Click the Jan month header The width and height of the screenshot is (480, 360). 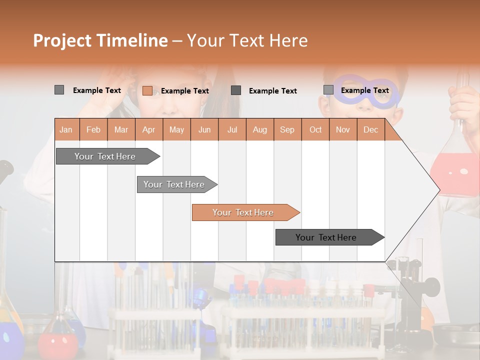[66, 130]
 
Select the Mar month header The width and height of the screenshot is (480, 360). [121, 130]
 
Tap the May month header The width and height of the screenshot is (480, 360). [176, 130]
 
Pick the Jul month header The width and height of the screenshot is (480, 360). [232, 130]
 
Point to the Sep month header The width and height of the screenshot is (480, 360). [287, 130]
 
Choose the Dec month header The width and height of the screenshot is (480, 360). [370, 130]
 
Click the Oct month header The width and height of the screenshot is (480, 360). [315, 130]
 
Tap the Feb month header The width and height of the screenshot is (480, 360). [93, 130]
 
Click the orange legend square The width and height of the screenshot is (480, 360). [147, 90]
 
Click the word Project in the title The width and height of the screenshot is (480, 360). [62, 40]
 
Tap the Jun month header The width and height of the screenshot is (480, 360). [204, 130]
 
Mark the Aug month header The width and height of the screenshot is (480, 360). [259, 130]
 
